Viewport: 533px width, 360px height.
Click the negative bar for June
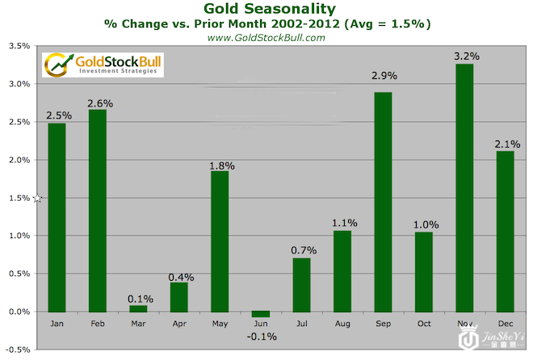point(260,314)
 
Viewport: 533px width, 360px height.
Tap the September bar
point(382,202)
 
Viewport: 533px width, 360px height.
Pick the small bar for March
point(138,308)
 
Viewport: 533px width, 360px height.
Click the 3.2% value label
point(466,56)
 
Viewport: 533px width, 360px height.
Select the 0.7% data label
point(301,251)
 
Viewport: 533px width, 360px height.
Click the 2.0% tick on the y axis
point(19,160)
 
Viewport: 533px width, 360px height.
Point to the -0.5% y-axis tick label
point(18,350)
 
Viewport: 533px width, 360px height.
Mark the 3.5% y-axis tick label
point(19,46)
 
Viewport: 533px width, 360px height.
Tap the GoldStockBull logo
point(103,65)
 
